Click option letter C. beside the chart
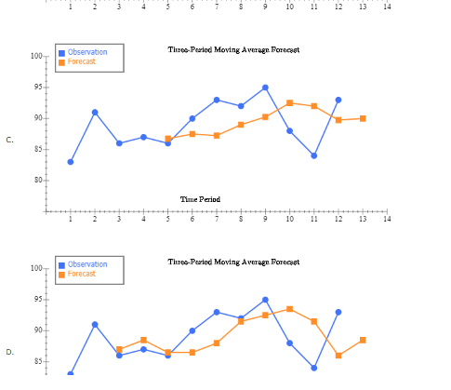(x=9, y=140)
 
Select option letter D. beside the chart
(x=9, y=352)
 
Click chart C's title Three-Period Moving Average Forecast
(x=233, y=49)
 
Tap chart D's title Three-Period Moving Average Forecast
(x=233, y=262)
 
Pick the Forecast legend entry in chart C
(x=81, y=61)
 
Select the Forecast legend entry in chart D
(x=81, y=274)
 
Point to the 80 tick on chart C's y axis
(x=37, y=180)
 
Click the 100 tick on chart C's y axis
(x=35, y=56)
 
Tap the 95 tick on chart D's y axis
(x=37, y=300)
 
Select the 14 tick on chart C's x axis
(x=387, y=219)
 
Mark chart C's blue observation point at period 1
(x=71, y=162)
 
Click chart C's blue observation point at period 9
(x=265, y=87)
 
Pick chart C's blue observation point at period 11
(x=314, y=155)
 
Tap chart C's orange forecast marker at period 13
(x=363, y=118)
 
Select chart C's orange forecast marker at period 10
(x=290, y=102)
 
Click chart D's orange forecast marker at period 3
(x=119, y=349)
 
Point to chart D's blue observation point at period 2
(x=95, y=324)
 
